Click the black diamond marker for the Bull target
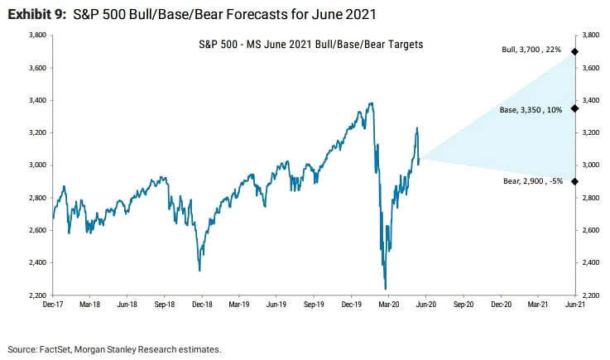574,51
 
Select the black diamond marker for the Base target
574,108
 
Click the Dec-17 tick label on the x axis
52,305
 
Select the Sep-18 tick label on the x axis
164,305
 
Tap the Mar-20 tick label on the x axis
388,305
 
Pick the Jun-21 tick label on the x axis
574,305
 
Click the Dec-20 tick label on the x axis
501,305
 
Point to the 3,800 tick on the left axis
36,36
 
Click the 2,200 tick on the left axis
36,295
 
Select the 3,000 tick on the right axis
590,166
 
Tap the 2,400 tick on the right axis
590,263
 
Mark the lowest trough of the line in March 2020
385,289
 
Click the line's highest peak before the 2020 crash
371,103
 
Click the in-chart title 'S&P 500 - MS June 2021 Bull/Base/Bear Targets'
311,43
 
